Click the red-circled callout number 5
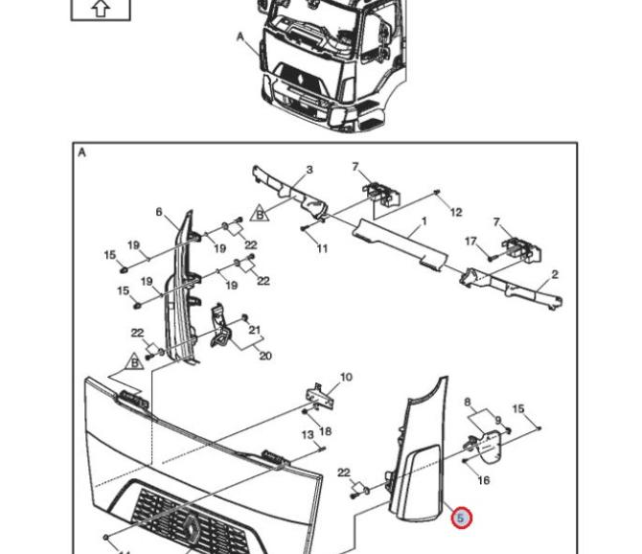(x=461, y=518)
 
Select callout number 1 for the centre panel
(x=424, y=220)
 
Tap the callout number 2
(x=555, y=275)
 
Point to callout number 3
(x=310, y=171)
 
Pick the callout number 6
(x=159, y=213)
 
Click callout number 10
(x=346, y=377)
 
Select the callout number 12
(x=456, y=212)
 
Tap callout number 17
(x=470, y=242)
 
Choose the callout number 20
(x=265, y=356)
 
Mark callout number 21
(x=255, y=330)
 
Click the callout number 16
(x=484, y=479)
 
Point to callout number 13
(x=308, y=435)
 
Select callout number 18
(x=326, y=431)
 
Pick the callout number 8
(x=468, y=403)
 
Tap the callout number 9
(x=497, y=421)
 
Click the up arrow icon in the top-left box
(x=101, y=8)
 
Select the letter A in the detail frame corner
(x=81, y=152)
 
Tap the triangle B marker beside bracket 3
(x=258, y=213)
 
